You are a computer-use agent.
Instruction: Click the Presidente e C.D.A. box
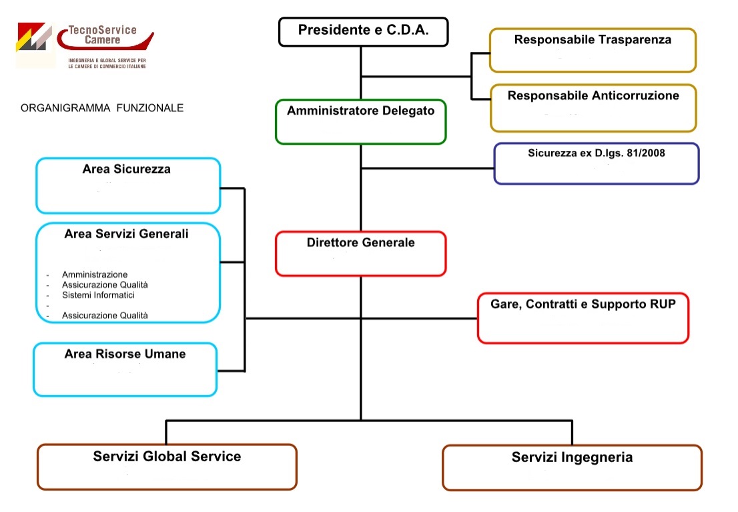click(363, 31)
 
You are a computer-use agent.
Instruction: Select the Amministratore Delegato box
click(360, 121)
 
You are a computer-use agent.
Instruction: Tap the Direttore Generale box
click(360, 253)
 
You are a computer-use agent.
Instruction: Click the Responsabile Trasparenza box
click(593, 49)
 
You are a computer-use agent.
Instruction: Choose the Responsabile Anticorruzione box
click(593, 107)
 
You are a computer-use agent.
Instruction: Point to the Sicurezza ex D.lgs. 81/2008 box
click(596, 164)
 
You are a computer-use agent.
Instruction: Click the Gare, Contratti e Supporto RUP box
click(583, 318)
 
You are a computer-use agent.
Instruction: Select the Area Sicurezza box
click(127, 185)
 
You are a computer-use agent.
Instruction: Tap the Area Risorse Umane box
click(125, 368)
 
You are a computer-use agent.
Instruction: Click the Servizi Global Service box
click(167, 467)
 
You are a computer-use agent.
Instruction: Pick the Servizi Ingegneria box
click(572, 467)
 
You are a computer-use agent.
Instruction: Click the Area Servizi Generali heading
click(126, 234)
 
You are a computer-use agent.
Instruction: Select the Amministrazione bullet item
click(95, 274)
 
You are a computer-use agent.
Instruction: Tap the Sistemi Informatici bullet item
click(98, 294)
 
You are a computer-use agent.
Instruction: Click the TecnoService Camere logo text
click(102, 35)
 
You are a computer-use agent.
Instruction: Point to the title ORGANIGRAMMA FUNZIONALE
click(102, 107)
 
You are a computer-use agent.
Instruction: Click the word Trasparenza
click(635, 39)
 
